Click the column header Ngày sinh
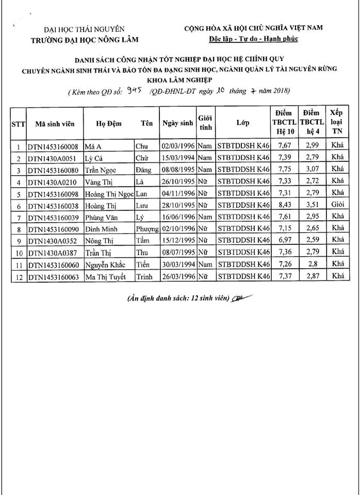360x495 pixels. click(177, 124)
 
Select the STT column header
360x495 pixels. click(19, 124)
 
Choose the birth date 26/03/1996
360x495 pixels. click(178, 276)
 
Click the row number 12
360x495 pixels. click(19, 276)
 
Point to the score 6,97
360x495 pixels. click(283, 241)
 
